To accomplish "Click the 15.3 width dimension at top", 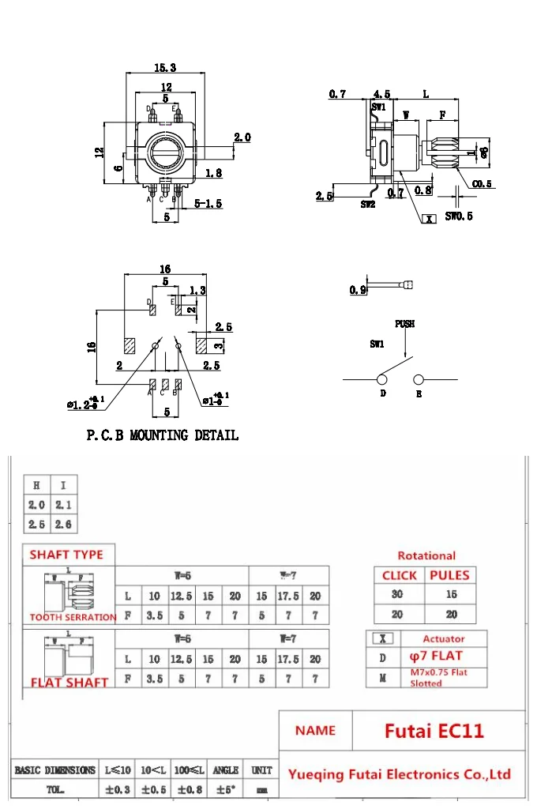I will tap(165, 68).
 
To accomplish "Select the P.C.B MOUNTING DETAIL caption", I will tap(162, 435).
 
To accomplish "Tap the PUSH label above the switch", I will tap(405, 324).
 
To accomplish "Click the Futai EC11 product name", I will tap(434, 731).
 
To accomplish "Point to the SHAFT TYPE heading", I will tap(66, 555).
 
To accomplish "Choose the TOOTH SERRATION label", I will tap(73, 617).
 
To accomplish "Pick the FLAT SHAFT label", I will tap(69, 682).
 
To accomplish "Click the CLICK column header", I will tap(399, 575).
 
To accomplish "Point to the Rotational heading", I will tap(426, 555).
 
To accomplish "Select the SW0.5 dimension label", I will tap(459, 216).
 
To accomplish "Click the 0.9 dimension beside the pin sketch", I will tap(358, 290).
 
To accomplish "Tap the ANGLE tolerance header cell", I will tap(226, 769).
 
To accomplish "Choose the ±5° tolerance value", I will tap(226, 788).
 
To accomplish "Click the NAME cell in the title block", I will tap(315, 731).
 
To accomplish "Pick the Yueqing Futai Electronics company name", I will tap(400, 774).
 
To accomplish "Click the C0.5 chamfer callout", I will tap(483, 184).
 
